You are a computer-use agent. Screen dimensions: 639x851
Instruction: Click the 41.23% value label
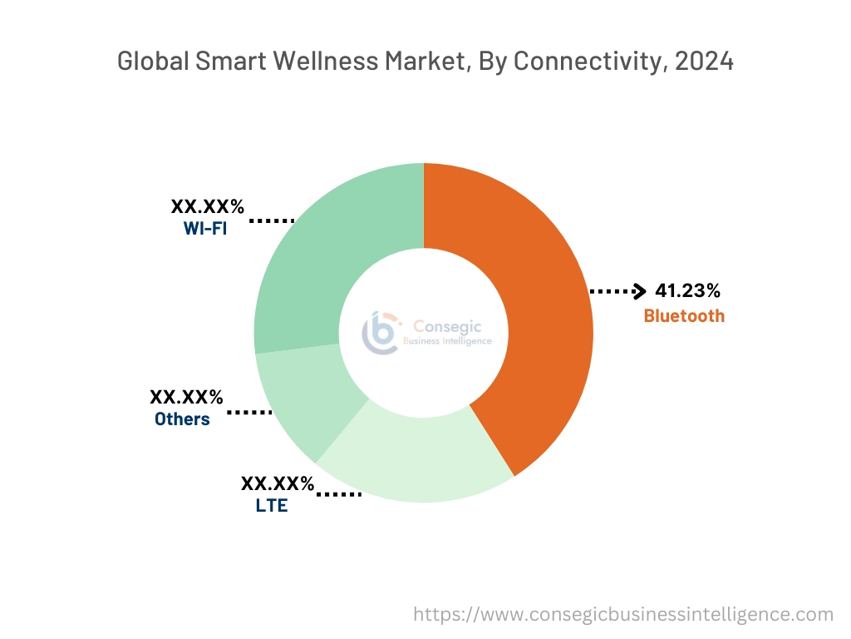[687, 291]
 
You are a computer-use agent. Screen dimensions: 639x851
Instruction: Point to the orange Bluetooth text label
[684, 316]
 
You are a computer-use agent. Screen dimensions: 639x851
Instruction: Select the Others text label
[182, 419]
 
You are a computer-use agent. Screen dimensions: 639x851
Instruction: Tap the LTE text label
[272, 505]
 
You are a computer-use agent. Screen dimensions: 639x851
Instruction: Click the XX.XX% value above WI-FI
[208, 206]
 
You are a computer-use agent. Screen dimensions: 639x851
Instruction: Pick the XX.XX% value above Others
[186, 397]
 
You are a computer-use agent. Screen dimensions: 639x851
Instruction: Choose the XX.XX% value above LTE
[278, 483]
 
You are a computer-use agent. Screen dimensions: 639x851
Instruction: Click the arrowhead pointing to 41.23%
[639, 291]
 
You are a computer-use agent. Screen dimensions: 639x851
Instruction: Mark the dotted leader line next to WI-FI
[273, 221]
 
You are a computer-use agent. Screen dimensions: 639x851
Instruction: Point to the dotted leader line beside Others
[249, 412]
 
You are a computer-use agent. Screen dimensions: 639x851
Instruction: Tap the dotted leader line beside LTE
[339, 495]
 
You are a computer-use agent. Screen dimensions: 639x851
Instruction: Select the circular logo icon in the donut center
[379, 332]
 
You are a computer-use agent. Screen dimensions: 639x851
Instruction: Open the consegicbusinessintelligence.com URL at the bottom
[623, 615]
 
